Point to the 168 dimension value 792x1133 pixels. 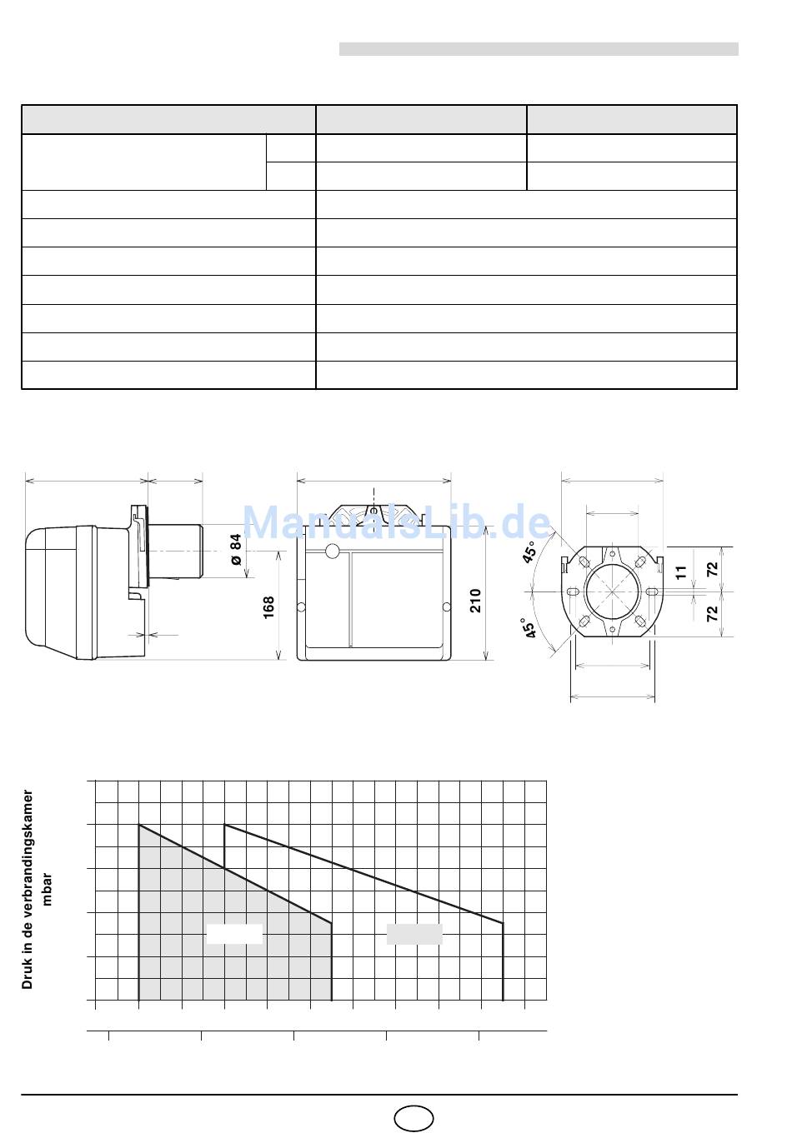click(268, 607)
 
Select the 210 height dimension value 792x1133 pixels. click(476, 601)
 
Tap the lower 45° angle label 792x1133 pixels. click(529, 627)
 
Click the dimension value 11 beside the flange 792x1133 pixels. click(681, 572)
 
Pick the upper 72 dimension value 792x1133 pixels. click(713, 569)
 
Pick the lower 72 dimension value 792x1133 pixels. click(713, 613)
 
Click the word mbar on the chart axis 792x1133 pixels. click(47, 889)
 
